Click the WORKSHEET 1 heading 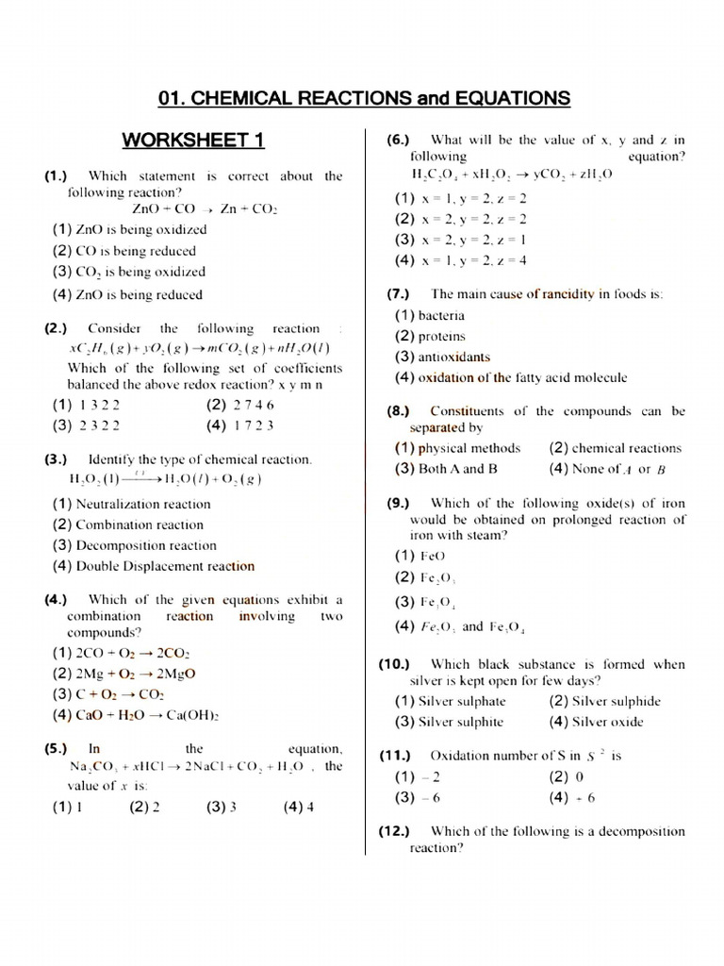click(193, 142)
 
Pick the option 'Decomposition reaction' click(146, 545)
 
